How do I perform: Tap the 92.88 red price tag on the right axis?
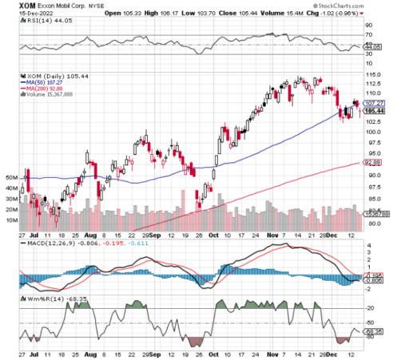click(x=371, y=163)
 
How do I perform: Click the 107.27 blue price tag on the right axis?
click(x=371, y=103)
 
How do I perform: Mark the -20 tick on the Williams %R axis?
click(x=369, y=307)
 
